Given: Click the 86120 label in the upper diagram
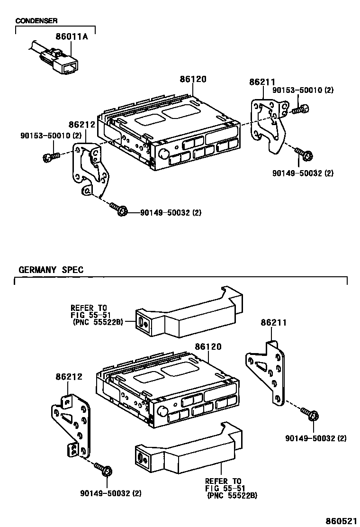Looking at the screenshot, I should (x=193, y=80).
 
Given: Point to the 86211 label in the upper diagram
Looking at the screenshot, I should (x=262, y=82).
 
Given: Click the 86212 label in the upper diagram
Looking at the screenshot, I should (x=82, y=125).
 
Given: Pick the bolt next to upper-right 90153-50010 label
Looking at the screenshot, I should (x=300, y=109).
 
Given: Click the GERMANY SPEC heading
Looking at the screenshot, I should (x=51, y=270).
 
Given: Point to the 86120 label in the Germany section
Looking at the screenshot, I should (x=207, y=347).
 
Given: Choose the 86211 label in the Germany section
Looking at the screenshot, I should (x=273, y=323).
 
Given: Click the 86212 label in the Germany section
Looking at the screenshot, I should (x=69, y=377).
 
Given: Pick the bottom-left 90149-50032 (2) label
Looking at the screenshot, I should (x=111, y=493).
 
